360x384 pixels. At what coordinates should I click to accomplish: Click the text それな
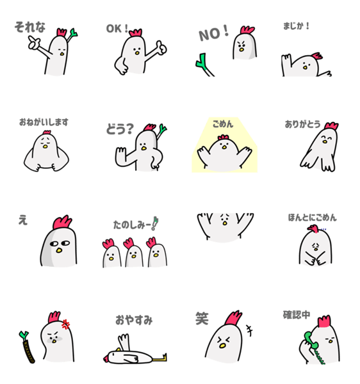coord(30,27)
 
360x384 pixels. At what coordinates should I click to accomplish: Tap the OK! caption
coord(117,28)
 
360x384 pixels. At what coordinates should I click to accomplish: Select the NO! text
coord(214,33)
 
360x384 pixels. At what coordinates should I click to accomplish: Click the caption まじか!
coord(296,26)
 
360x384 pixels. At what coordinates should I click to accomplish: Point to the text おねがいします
coord(44,122)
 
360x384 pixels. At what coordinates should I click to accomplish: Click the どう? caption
coord(120,129)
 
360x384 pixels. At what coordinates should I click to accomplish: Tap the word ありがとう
coord(302,124)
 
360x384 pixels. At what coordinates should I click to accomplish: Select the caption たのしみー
coord(132,225)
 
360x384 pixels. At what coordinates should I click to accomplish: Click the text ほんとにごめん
coord(312,218)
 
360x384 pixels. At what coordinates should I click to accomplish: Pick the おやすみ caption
coord(134,320)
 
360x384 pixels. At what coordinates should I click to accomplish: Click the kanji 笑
coord(202,318)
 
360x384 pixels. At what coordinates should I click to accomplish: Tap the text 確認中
coord(297,315)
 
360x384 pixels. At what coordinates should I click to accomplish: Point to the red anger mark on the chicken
coord(66,324)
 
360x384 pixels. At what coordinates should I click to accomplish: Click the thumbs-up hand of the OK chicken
coord(161,47)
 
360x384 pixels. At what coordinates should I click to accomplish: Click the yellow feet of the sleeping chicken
coord(160,358)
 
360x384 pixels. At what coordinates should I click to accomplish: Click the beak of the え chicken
coord(59,250)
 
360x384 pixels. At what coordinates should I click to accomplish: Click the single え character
coord(23,220)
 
